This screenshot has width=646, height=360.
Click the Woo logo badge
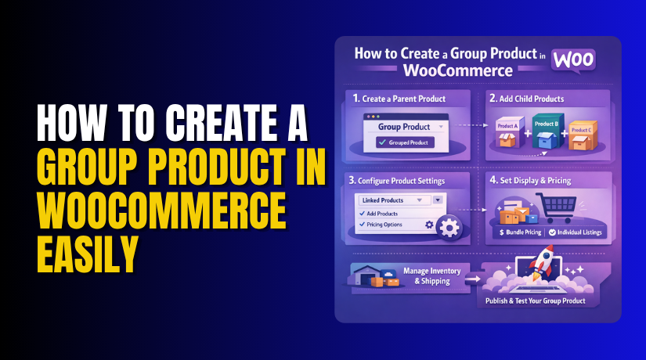pyautogui.click(x=572, y=60)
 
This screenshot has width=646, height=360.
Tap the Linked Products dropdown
pyautogui.click(x=400, y=200)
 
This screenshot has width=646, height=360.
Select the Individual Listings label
pyautogui.click(x=579, y=232)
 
